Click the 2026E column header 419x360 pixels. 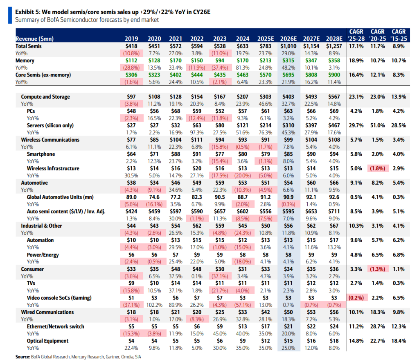pyautogui.click(x=289, y=39)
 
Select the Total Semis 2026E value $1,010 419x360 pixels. pyautogui.click(x=289, y=46)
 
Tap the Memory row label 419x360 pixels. pyautogui.click(x=25, y=61)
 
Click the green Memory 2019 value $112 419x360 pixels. pyautogui.click(x=131, y=61)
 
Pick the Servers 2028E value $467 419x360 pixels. pyautogui.click(x=333, y=125)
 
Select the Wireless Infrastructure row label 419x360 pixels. pyautogui.click(x=53, y=168)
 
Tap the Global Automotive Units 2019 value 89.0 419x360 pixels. pyautogui.click(x=131, y=197)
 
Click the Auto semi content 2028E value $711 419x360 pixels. pyautogui.click(x=333, y=211)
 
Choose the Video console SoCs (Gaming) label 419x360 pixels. pyautogui.click(x=59, y=298)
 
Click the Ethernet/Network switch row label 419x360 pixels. pyautogui.click(x=56, y=326)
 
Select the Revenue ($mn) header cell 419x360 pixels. pyautogui.click(x=35, y=39)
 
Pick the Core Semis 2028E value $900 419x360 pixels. pyautogui.click(x=333, y=75)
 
